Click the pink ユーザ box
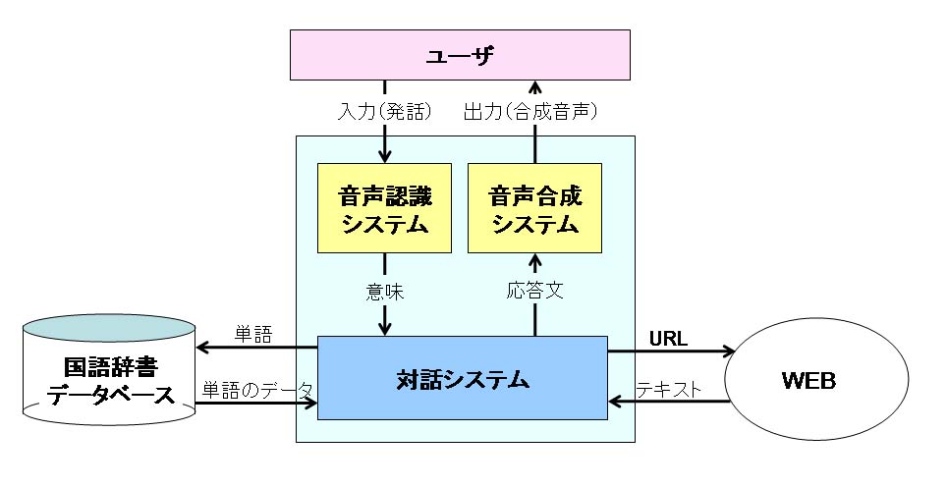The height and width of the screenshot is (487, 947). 460,56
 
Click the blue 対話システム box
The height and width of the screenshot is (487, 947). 462,377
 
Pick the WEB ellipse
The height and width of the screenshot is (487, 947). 808,379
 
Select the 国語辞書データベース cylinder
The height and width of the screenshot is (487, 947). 108,378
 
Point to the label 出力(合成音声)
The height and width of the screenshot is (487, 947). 530,112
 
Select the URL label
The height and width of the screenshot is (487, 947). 668,339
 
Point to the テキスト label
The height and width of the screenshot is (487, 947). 669,389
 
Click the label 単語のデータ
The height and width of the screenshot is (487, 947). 255,389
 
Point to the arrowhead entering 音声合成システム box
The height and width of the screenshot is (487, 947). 534,260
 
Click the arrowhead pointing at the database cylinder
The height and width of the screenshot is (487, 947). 202,347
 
